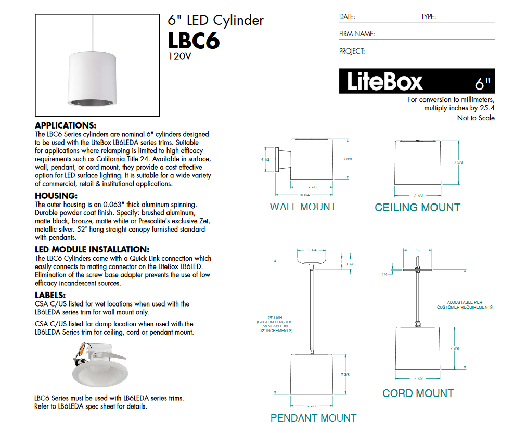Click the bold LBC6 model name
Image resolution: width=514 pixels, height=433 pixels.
click(194, 41)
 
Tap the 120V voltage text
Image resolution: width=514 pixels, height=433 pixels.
click(179, 56)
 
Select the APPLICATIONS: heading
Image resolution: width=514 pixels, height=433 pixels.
click(65, 125)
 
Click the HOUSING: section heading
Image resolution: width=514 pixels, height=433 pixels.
click(56, 196)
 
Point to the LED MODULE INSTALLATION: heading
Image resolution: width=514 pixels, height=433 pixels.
click(92, 249)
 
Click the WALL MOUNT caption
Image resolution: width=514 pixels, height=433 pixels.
click(303, 207)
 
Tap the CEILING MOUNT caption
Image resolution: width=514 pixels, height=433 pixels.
click(417, 208)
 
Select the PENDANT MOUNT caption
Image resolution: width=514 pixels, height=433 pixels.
click(313, 418)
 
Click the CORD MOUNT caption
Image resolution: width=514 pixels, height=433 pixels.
click(418, 393)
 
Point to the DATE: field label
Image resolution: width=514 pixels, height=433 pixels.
click(347, 17)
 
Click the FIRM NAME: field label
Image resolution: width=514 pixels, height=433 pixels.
click(357, 34)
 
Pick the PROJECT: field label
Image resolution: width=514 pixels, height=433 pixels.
click(352, 51)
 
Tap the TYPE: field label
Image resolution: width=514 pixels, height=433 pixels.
click(428, 17)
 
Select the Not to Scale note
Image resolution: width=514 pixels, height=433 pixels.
click(476, 118)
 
